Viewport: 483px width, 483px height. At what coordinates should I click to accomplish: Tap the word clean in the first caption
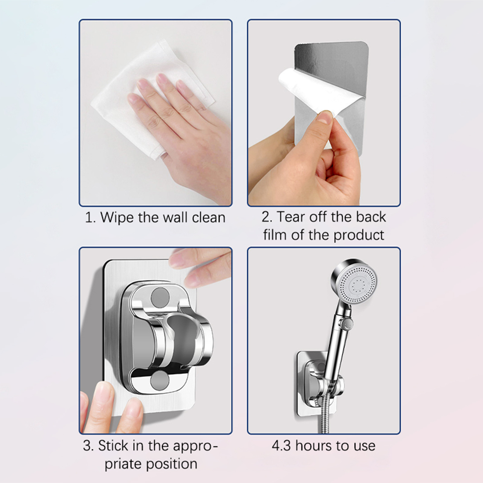coord(209,217)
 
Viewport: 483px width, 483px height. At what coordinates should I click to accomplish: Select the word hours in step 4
coord(314,446)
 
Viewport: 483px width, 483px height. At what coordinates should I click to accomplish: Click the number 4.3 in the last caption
coord(282,446)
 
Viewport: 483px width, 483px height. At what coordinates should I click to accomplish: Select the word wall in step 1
coord(176,217)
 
